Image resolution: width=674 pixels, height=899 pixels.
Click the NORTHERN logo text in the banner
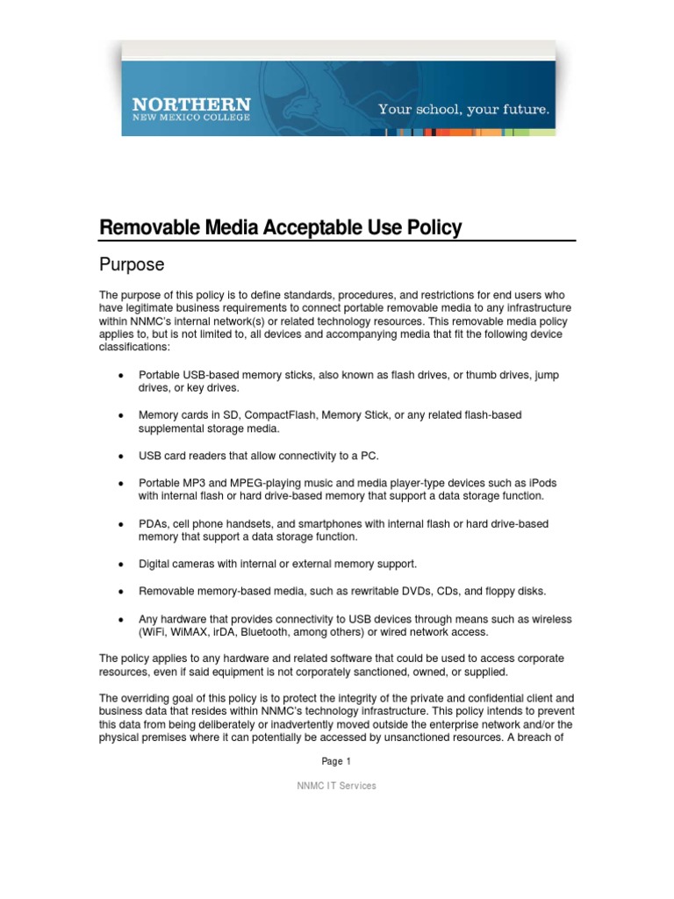click(191, 104)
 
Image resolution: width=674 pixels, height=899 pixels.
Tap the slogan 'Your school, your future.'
click(463, 110)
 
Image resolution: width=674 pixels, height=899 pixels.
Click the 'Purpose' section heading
click(132, 264)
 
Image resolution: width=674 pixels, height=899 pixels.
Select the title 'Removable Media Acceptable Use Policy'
click(280, 228)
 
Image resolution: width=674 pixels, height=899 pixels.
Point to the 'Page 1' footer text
click(336, 761)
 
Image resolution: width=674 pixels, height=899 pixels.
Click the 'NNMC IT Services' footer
click(336, 786)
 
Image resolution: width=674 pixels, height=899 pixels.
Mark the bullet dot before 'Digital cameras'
click(119, 564)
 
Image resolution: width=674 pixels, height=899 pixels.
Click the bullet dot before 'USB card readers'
click(119, 456)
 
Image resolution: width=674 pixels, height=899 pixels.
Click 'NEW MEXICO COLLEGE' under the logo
click(191, 117)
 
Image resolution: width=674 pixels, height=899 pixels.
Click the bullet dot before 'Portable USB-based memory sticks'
click(119, 375)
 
